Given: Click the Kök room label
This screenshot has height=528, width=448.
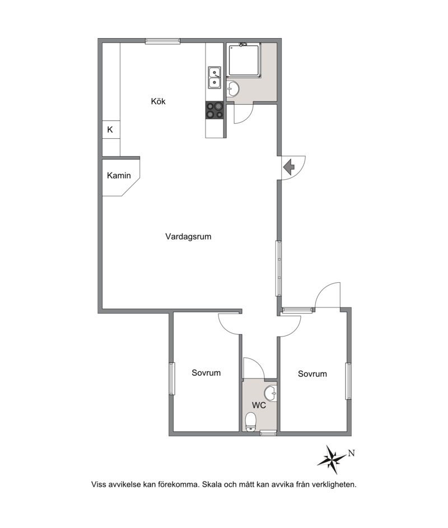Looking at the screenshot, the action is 158,101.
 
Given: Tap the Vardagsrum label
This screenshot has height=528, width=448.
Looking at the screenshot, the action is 188,236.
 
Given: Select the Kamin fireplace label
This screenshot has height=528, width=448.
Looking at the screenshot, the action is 119,175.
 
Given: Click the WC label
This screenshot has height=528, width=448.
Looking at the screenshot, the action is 259,405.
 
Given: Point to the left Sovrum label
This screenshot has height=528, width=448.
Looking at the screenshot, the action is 206,373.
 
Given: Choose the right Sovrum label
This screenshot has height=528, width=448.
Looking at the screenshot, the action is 312,374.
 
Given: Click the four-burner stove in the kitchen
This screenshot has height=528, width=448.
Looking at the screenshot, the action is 214,110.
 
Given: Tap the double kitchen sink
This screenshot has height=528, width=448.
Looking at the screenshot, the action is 214,78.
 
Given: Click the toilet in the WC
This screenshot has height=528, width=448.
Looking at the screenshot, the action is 251,422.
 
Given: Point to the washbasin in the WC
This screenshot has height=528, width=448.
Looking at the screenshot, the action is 270,394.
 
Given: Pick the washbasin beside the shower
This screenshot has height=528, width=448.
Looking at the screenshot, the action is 233,89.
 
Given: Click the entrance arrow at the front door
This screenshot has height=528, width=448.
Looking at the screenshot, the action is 289,167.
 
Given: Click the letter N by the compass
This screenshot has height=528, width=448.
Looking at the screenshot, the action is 351,453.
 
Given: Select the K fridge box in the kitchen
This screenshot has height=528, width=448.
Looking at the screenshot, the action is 111,130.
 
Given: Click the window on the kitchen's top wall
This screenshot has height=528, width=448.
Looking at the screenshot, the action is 163,41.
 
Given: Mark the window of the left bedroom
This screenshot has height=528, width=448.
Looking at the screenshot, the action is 172,379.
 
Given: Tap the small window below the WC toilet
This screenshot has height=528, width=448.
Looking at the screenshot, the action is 268,433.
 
